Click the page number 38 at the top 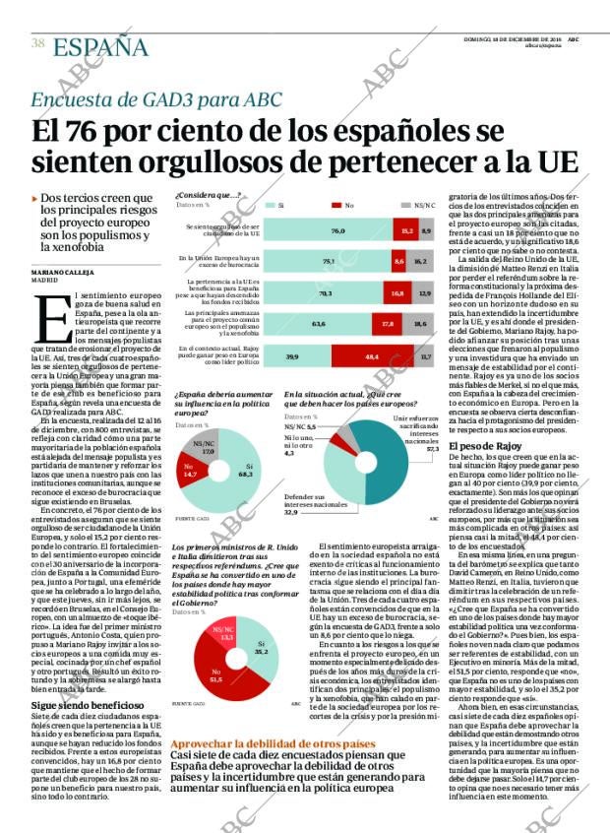click(38, 42)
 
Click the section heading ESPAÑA click(100, 46)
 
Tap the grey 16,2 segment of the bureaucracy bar click(420, 261)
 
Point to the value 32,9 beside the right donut click(291, 512)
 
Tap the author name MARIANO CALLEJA click(62, 271)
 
